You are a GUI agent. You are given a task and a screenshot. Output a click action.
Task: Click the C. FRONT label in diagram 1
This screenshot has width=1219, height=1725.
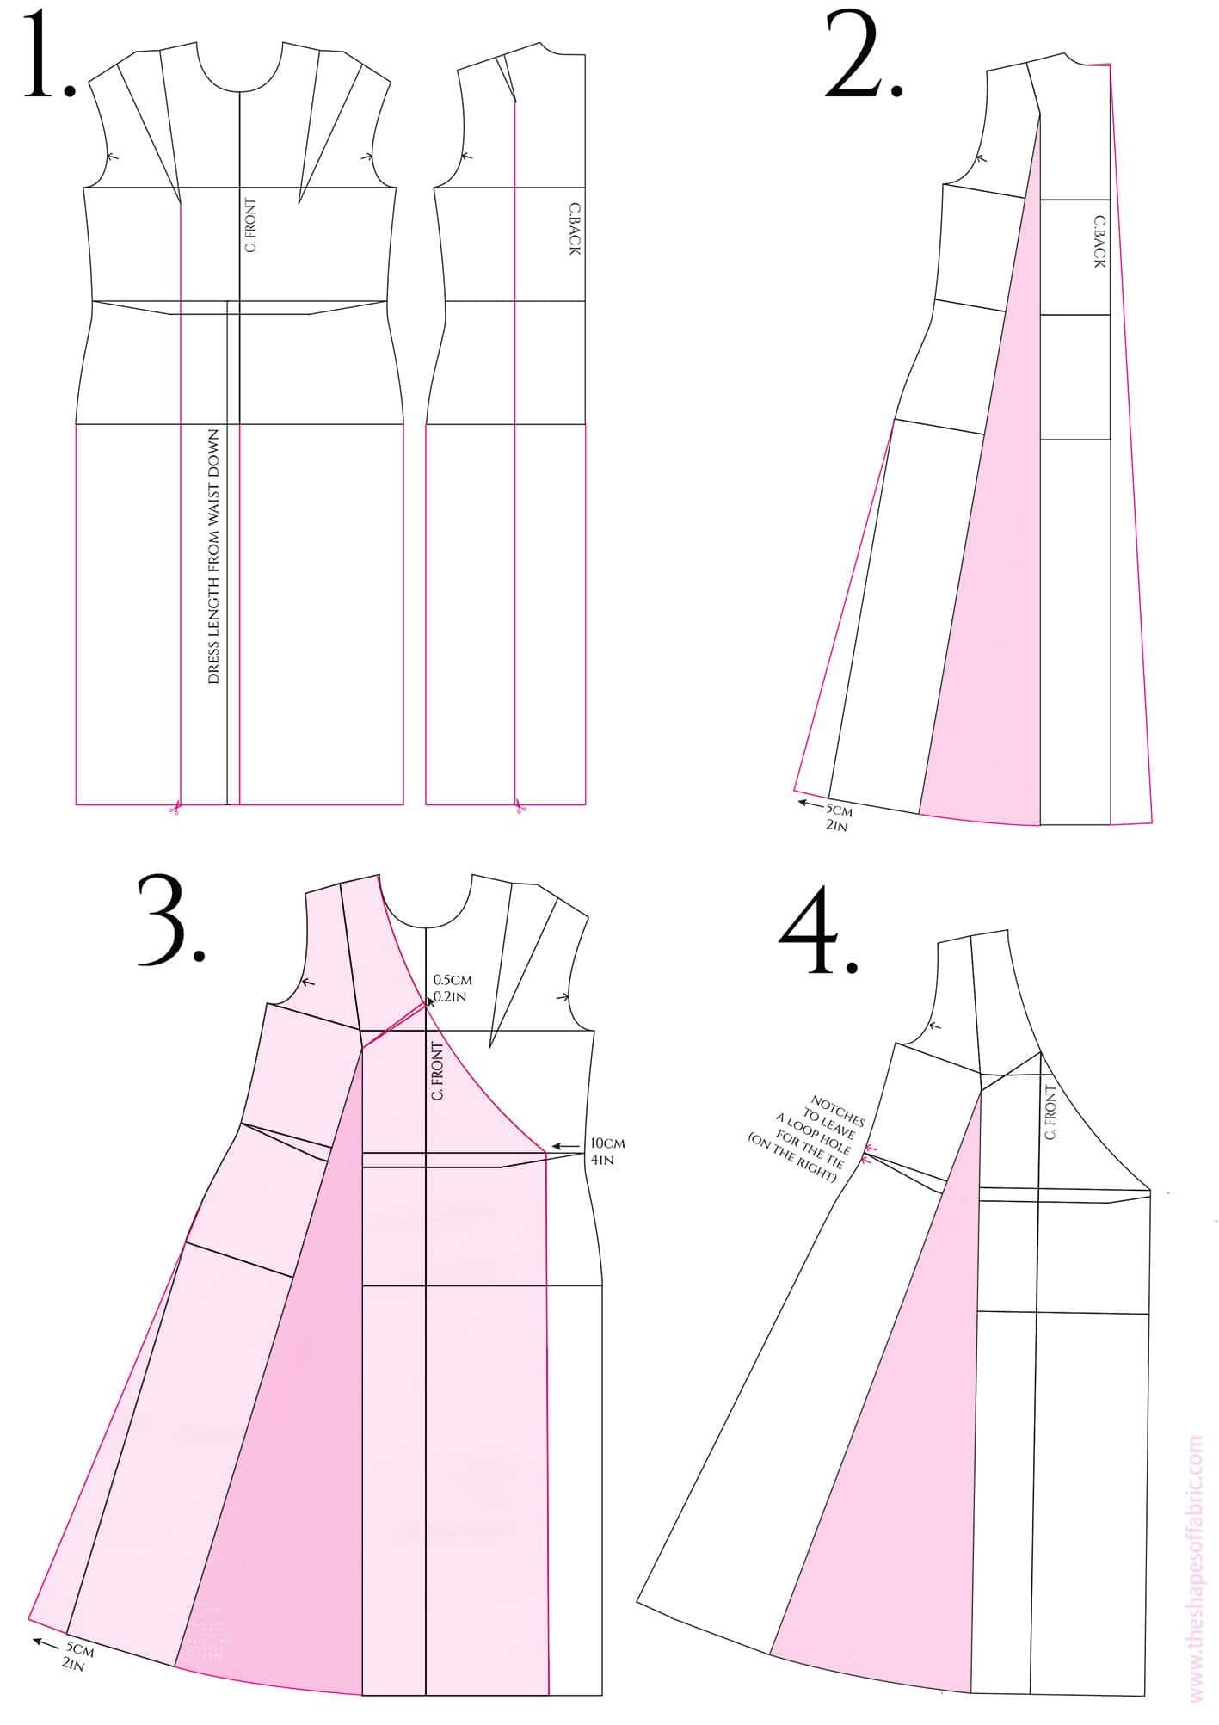[x=250, y=225]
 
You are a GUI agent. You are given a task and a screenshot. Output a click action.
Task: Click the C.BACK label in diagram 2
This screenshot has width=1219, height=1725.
[x=1099, y=242]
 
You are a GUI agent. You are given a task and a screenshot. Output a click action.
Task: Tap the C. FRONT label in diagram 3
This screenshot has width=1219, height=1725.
[x=438, y=1071]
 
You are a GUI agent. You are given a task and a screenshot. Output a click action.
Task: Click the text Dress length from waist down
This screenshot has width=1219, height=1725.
[x=213, y=558]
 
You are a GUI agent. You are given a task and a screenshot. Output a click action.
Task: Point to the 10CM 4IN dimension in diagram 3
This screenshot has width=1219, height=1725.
[x=607, y=1151]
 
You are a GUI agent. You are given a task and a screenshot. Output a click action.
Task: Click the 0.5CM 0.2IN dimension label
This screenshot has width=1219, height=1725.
[x=452, y=988]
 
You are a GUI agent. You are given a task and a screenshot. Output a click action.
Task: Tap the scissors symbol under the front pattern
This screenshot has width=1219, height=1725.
[x=175, y=808]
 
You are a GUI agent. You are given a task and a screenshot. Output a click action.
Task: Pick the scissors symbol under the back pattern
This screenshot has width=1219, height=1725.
[x=520, y=808]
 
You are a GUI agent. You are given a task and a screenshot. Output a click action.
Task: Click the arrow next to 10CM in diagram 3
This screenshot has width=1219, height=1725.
[x=565, y=1146]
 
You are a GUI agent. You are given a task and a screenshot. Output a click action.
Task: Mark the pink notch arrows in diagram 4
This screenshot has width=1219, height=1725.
[x=869, y=1154]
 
